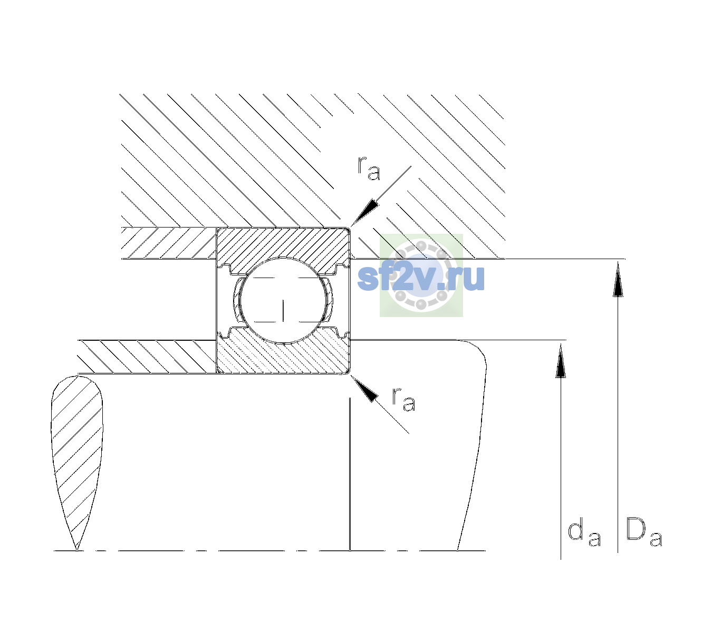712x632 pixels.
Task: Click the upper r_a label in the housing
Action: click(x=369, y=168)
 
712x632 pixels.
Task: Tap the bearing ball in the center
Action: click(x=283, y=300)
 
